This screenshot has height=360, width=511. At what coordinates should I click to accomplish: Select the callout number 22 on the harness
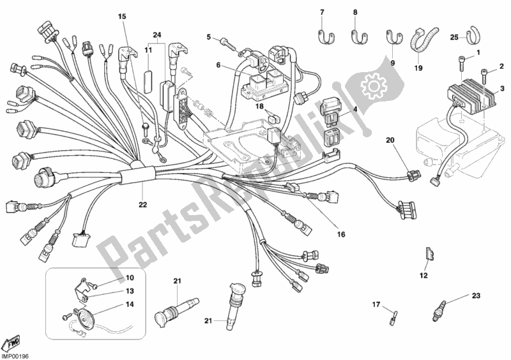click(142, 205)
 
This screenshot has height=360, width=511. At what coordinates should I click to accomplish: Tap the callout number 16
click(341, 235)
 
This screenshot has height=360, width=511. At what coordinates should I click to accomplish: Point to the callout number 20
click(390, 140)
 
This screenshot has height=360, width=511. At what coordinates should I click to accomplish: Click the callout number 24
click(157, 34)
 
